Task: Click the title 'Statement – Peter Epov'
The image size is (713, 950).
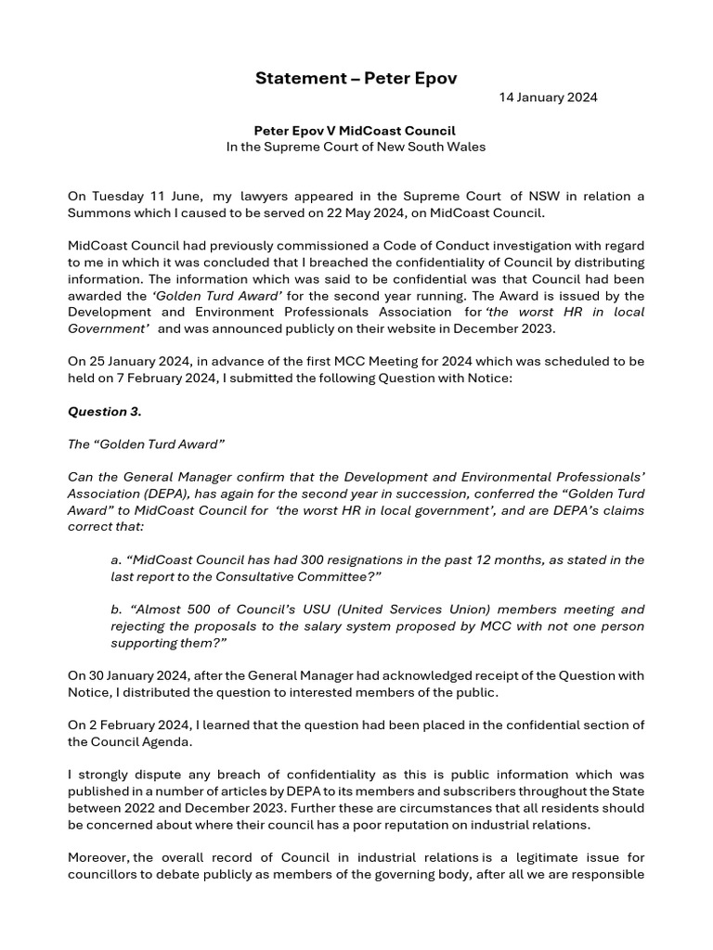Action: [x=356, y=78]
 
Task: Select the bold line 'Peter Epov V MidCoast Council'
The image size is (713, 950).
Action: [x=356, y=131]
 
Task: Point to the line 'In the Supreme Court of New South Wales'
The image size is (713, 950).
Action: [x=356, y=147]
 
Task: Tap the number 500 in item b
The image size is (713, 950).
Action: [x=197, y=610]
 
